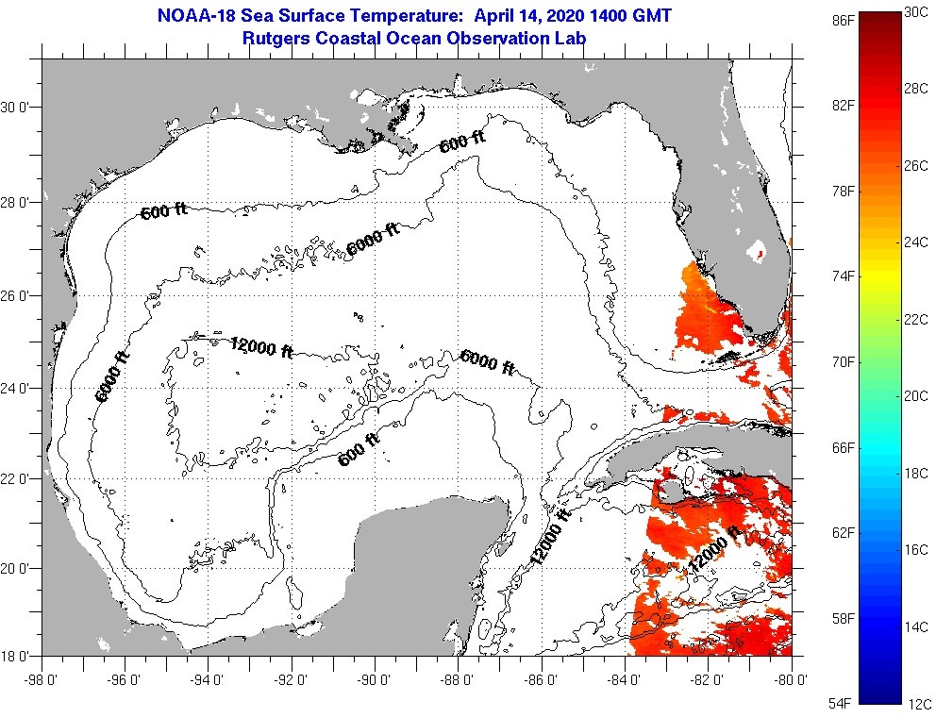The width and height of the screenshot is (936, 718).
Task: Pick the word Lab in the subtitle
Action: [570, 38]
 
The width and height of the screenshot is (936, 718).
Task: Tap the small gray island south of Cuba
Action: [673, 491]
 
